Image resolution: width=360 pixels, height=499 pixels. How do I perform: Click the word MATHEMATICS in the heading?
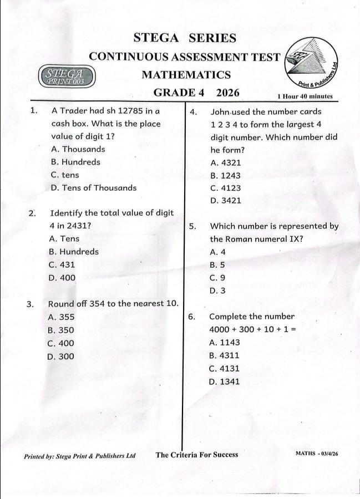coord(186,74)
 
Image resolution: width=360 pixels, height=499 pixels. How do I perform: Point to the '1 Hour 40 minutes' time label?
coord(305,96)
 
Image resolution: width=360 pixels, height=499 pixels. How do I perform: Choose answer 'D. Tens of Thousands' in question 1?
coord(93,187)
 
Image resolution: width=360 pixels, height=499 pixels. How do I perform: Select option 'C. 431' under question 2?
coord(62,264)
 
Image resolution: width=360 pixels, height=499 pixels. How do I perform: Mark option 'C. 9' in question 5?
coord(217,278)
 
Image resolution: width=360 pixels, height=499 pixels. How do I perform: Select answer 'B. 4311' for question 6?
coord(224,355)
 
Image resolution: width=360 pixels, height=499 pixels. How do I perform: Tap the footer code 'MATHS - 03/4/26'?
coord(317,454)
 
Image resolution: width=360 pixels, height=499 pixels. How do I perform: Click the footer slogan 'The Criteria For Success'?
coord(197,455)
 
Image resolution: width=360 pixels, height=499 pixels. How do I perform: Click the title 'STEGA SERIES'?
coord(185,38)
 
